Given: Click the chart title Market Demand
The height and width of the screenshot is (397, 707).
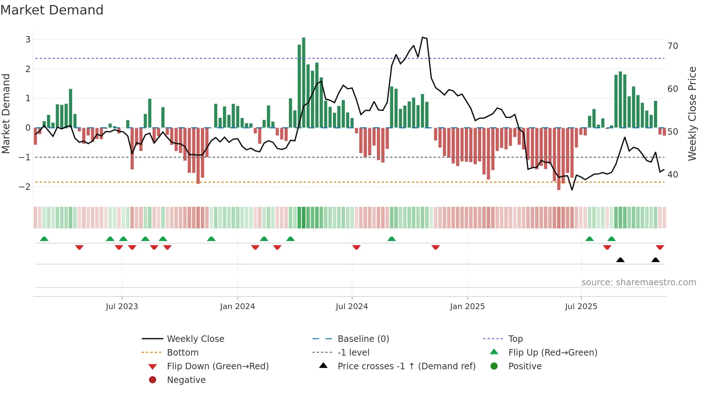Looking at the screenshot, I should pyautogui.click(x=52, y=10).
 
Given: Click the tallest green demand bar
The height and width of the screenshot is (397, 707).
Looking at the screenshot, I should pyautogui.click(x=304, y=83).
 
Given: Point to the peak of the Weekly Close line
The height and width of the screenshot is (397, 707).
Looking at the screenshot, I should pyautogui.click(x=423, y=37).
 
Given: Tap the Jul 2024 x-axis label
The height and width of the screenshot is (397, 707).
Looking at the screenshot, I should pyautogui.click(x=352, y=307).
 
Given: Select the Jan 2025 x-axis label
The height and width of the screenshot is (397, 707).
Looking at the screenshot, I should pyautogui.click(x=467, y=307).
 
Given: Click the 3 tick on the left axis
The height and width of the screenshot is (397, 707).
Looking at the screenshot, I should pyautogui.click(x=28, y=40).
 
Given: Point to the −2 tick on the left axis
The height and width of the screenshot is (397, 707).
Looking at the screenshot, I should pyautogui.click(x=25, y=187).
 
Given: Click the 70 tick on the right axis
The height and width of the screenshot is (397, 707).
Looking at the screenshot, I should pyautogui.click(x=673, y=46).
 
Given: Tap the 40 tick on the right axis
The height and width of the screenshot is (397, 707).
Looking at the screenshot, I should pyautogui.click(x=673, y=175).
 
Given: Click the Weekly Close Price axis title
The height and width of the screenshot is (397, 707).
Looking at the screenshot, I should pyautogui.click(x=692, y=113).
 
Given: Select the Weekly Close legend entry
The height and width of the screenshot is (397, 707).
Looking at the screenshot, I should pyautogui.click(x=196, y=339).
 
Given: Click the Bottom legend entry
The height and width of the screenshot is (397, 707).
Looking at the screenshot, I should pyautogui.click(x=183, y=353).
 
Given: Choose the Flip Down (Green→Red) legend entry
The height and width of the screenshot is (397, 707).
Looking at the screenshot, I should pyautogui.click(x=218, y=366).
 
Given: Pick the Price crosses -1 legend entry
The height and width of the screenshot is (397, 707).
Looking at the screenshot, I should pyautogui.click(x=407, y=366).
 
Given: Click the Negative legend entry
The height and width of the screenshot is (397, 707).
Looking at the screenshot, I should pyautogui.click(x=186, y=380).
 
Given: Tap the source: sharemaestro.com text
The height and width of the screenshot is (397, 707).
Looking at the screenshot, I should pyautogui.click(x=638, y=282).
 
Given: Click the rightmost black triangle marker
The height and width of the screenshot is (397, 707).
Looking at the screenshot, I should pyautogui.click(x=655, y=260).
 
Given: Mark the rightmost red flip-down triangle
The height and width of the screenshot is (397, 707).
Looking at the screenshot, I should pyautogui.click(x=660, y=247).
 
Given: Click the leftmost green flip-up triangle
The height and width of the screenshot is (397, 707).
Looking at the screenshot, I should pyautogui.click(x=44, y=239).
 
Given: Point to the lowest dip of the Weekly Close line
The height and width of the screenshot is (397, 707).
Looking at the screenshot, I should pyautogui.click(x=572, y=190).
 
